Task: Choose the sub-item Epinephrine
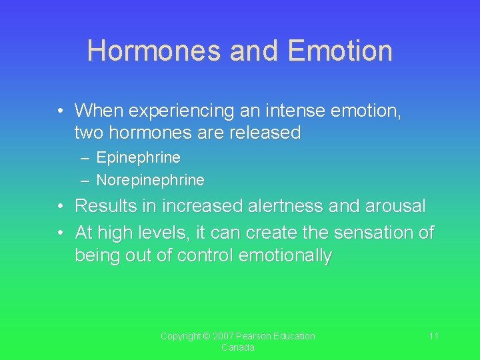(x=138, y=158)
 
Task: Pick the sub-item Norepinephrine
(x=150, y=180)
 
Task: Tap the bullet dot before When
(x=60, y=110)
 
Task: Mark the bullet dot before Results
(x=60, y=207)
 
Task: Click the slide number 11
(x=433, y=336)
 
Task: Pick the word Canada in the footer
(x=237, y=348)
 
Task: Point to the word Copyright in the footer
(x=181, y=336)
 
